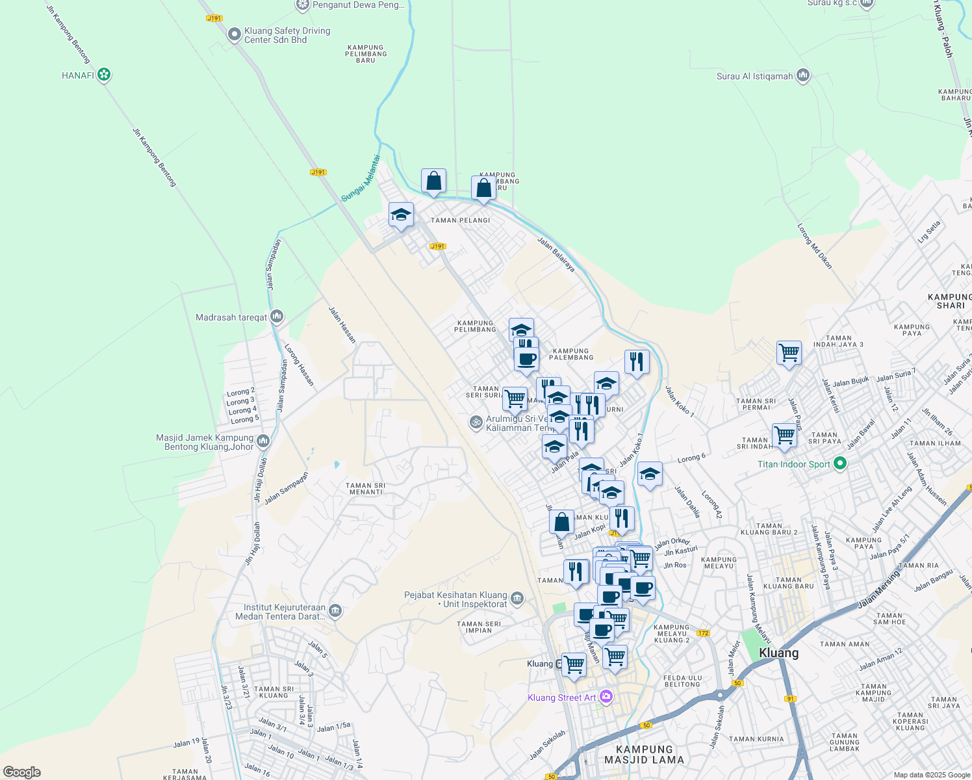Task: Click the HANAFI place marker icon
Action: pos(104,75)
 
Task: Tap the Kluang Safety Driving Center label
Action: pos(287,35)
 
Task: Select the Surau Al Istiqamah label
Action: pos(754,76)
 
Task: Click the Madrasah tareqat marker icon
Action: pos(277,317)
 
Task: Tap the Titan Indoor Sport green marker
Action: pos(840,463)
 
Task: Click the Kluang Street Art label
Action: pos(561,697)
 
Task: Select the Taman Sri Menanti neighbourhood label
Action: pos(366,489)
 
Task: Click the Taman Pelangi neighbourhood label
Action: pos(460,220)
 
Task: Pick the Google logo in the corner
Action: pos(22,772)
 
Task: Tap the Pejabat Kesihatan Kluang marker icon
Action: pos(517,599)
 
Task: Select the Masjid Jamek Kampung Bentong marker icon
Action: pos(263,442)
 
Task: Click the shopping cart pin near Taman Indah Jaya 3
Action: pos(789,353)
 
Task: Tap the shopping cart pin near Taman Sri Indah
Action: pos(784,435)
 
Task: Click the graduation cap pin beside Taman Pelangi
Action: pos(401,214)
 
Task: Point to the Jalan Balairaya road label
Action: pos(556,254)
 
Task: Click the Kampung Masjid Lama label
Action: pos(644,754)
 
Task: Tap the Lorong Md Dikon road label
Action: pos(814,246)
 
